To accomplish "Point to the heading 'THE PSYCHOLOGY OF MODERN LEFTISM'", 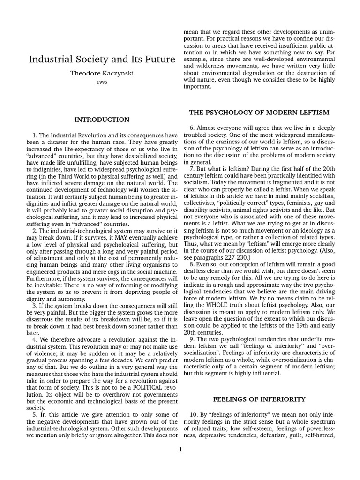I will [x=259, y=112].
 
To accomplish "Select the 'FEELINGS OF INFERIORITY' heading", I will [x=259, y=399].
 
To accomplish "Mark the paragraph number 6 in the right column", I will [x=192, y=127].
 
